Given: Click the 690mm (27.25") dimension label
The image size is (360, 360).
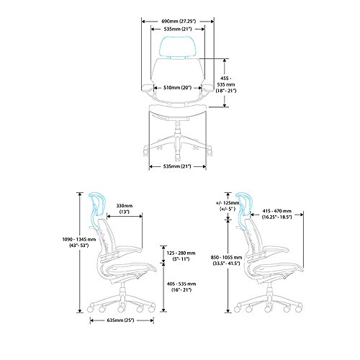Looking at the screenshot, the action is point(179,22).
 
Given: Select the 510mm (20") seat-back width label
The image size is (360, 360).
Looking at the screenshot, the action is point(178,88).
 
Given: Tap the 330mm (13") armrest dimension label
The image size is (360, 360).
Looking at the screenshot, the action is point(125,209).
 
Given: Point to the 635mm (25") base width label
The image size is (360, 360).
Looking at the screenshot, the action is point(122,320).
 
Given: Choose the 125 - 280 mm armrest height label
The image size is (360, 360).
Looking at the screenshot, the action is point(181,256).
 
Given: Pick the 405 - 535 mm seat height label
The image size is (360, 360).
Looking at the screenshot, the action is point(181,287).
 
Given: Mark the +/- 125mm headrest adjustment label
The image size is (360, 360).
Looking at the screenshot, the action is point(228,206).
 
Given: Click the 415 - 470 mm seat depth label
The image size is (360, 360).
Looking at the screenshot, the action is point(276,214).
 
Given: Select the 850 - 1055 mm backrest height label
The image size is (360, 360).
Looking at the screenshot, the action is point(226,261).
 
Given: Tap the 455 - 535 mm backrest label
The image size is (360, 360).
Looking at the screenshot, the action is point(226,84).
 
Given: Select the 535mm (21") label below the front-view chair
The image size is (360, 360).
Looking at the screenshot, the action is point(177,166).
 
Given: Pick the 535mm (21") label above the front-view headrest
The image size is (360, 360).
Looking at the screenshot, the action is point(178,29).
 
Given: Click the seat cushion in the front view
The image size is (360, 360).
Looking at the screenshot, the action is point(178,111).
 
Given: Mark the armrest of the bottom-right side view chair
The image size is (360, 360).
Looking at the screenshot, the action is point(276,251).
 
